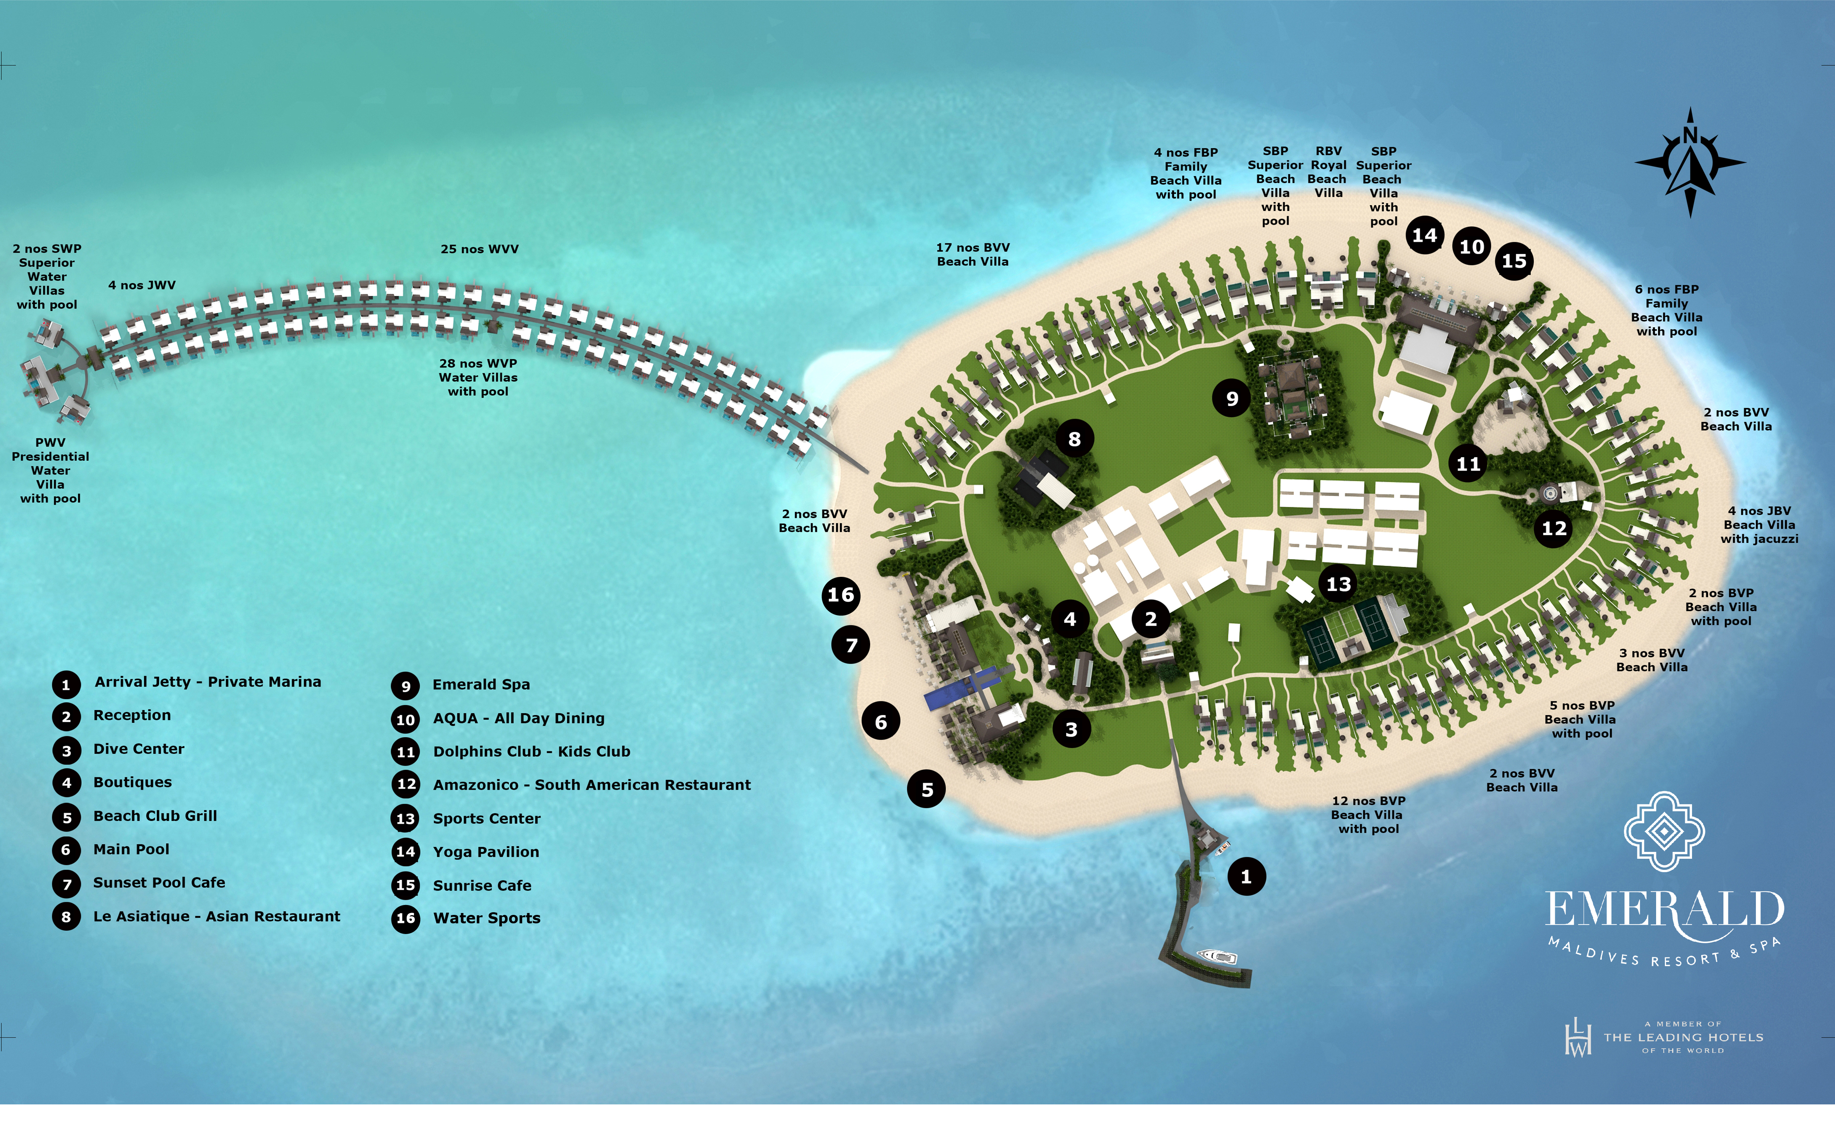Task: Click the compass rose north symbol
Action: [1690, 163]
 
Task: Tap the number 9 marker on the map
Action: [1232, 398]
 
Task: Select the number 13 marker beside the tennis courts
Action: [1338, 584]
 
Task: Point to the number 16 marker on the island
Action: [841, 595]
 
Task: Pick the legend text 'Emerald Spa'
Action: [481, 685]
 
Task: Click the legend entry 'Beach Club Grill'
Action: [155, 816]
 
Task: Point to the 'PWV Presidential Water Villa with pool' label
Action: [50, 470]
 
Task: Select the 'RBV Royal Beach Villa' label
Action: [1328, 172]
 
